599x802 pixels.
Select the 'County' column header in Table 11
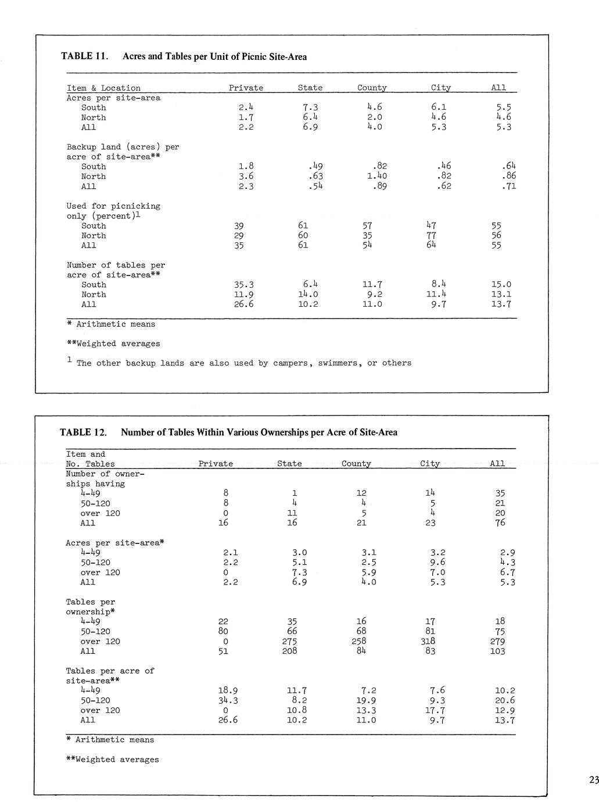click(x=372, y=88)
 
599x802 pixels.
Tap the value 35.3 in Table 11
click(x=244, y=285)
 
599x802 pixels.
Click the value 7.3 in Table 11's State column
click(x=310, y=108)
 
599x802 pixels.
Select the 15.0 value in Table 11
click(x=501, y=285)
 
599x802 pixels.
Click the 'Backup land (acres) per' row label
click(x=123, y=147)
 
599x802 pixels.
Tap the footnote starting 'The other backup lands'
click(x=243, y=363)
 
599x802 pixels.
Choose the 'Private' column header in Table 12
click(x=216, y=464)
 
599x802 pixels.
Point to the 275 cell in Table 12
click(x=289, y=641)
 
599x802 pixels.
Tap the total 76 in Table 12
click(x=500, y=522)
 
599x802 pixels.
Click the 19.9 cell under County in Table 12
click(x=368, y=700)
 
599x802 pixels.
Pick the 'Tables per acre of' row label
click(x=110, y=671)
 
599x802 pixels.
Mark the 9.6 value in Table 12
click(x=437, y=562)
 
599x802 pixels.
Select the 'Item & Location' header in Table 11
click(x=103, y=88)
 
